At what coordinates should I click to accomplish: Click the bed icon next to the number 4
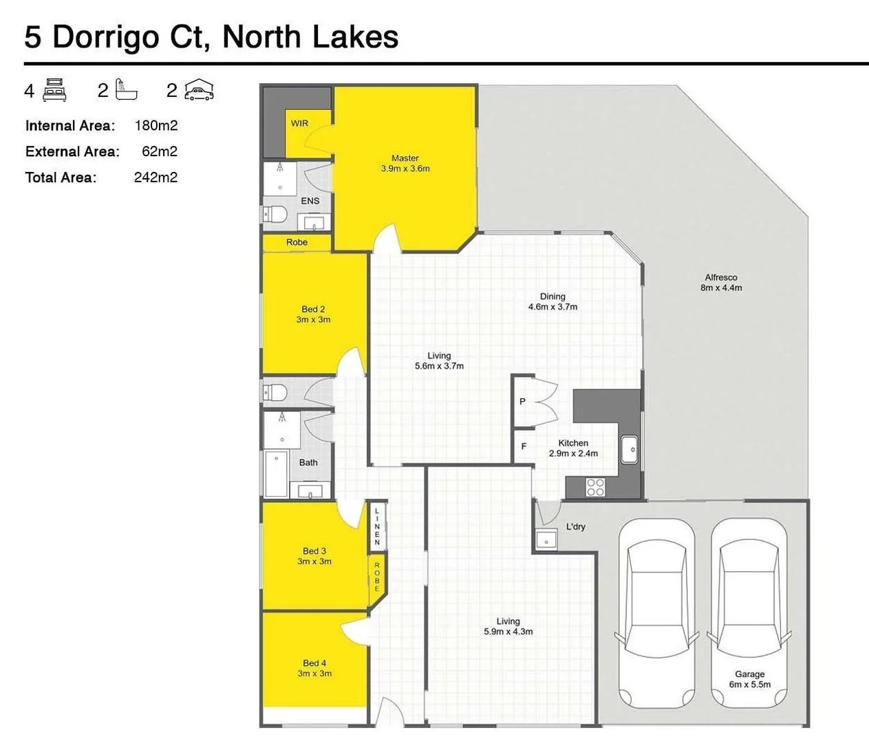(54, 90)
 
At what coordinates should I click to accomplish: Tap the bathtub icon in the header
(126, 90)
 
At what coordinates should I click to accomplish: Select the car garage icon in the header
(199, 90)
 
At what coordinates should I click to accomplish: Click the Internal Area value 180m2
(156, 125)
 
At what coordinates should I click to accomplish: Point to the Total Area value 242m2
(155, 177)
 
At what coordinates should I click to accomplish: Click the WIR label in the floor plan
(299, 124)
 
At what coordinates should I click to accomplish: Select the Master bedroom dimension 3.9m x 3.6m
(405, 169)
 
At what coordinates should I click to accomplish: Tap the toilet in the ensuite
(275, 215)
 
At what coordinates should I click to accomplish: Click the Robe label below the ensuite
(297, 242)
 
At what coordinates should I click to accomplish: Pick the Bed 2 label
(313, 309)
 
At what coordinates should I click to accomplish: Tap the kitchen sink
(629, 450)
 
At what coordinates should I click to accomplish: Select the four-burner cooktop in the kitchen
(595, 487)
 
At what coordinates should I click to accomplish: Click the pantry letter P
(522, 401)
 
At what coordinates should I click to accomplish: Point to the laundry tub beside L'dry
(546, 540)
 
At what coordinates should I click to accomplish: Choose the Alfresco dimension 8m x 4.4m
(721, 288)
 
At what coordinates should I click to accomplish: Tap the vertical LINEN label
(377, 526)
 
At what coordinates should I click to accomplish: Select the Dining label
(552, 297)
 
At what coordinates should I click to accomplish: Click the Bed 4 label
(314, 663)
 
